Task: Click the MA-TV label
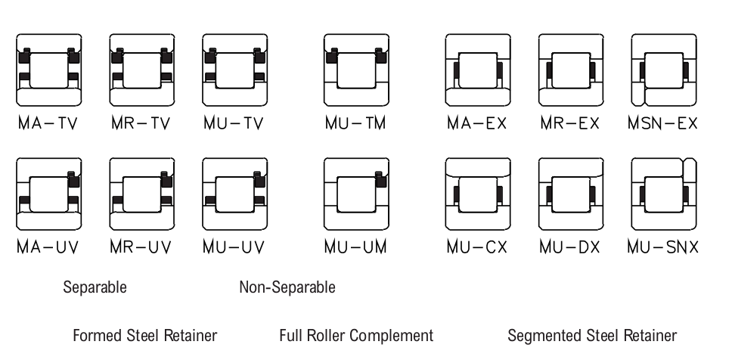(48, 123)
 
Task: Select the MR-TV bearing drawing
(142, 70)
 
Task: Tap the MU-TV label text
(234, 123)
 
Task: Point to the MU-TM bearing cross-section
(357, 70)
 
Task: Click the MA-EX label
(476, 123)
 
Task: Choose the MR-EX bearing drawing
(571, 70)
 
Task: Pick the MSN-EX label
(663, 123)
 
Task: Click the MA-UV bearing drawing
(49, 194)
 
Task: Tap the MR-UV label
(141, 247)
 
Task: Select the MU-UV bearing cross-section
(235, 194)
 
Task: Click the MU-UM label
(355, 247)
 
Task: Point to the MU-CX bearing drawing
(478, 194)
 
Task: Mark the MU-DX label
(569, 247)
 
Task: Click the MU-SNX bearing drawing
(664, 194)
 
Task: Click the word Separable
(95, 287)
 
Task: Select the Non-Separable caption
(287, 287)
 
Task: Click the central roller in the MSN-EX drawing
(664, 70)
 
